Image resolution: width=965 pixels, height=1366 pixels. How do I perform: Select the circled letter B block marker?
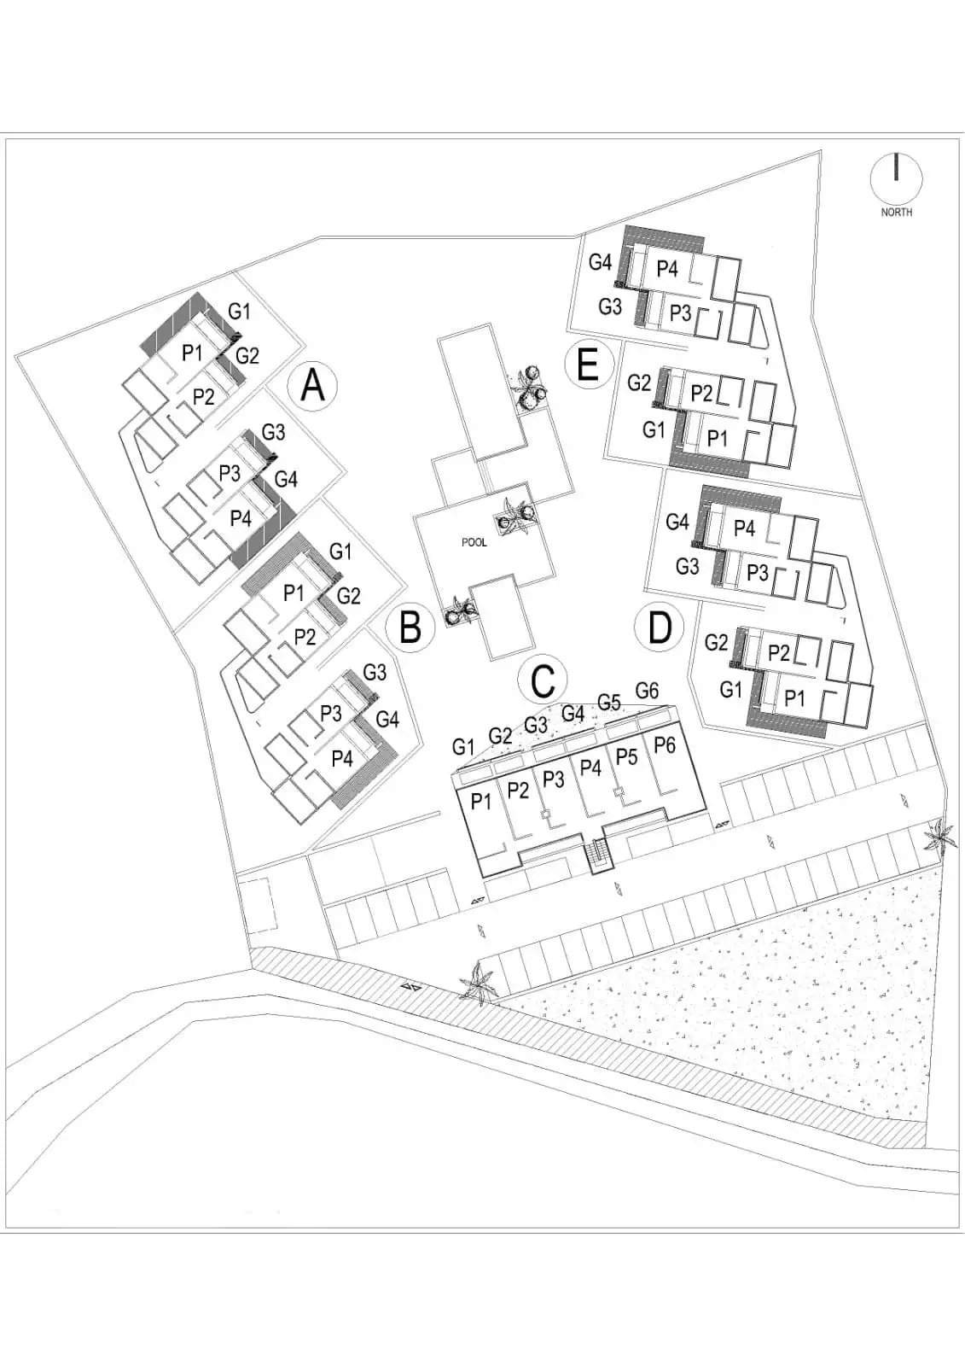(x=410, y=627)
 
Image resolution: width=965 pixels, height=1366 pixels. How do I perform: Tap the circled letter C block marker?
(x=543, y=680)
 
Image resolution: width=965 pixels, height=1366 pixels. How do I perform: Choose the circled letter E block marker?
(x=588, y=365)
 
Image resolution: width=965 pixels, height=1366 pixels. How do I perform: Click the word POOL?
(x=474, y=542)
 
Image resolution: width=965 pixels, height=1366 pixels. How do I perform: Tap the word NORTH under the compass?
(x=896, y=213)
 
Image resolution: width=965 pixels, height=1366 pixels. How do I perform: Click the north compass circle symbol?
(x=896, y=178)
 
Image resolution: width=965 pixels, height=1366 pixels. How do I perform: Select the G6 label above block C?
(x=647, y=691)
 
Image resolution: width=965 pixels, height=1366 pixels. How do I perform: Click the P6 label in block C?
(x=665, y=745)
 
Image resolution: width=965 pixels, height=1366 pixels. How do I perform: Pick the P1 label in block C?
(x=481, y=802)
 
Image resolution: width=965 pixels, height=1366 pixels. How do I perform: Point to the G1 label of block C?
(x=463, y=746)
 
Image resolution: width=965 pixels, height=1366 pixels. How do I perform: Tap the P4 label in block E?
(x=667, y=268)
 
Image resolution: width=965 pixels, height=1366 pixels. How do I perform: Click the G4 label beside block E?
(x=600, y=262)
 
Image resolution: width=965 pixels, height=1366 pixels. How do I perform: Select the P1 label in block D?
(x=794, y=698)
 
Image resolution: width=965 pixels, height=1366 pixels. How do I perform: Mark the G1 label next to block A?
(x=239, y=312)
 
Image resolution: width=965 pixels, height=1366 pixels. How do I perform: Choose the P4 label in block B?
(x=342, y=759)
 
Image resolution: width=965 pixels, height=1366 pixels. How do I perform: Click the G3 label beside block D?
(x=687, y=567)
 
